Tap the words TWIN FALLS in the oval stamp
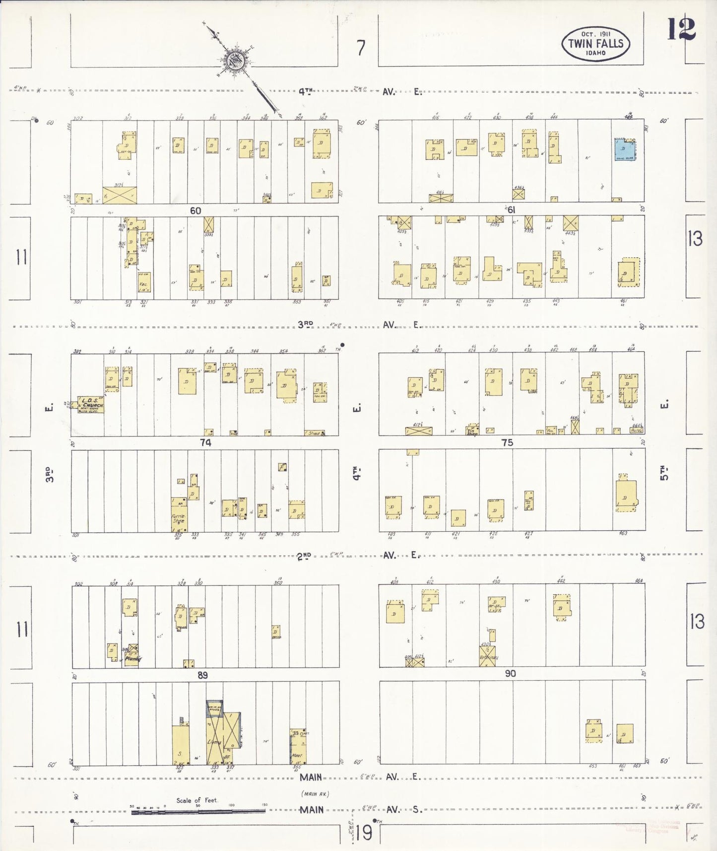tap(595, 44)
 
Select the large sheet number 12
tap(681, 29)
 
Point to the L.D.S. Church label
tap(92, 405)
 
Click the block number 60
tap(196, 211)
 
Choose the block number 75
tap(507, 442)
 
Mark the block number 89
tap(202, 675)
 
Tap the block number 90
tap(510, 673)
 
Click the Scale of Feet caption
tap(197, 800)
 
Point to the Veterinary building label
tap(488, 657)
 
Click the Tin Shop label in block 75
tap(472, 431)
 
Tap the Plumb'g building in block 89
tap(132, 658)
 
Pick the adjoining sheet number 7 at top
tap(361, 48)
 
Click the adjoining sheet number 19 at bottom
tap(364, 833)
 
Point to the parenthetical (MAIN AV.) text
tap(315, 794)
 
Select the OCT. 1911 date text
tap(595, 34)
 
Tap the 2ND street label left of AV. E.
tap(304, 557)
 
